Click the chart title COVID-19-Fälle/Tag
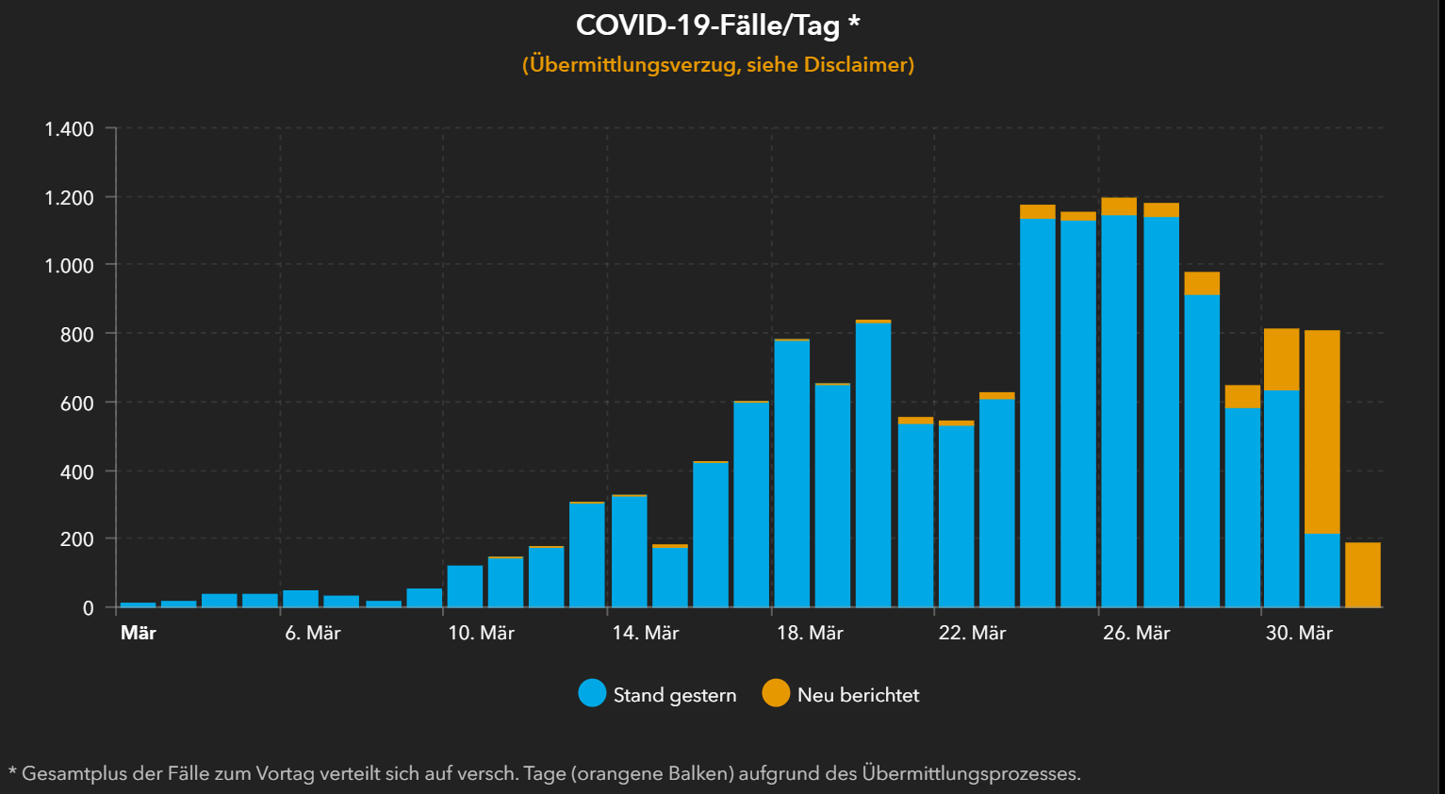[707, 25]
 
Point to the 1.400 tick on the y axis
[70, 129]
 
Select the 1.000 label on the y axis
[70, 266]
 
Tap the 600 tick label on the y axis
[76, 404]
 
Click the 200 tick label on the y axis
[76, 539]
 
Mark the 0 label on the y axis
[89, 608]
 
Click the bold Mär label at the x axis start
[139, 634]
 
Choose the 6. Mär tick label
[313, 634]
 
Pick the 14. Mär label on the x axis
[646, 634]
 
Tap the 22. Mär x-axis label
[972, 634]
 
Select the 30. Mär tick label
[1299, 634]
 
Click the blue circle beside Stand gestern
[592, 694]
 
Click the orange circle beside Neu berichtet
[776, 694]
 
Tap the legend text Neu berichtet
[858, 695]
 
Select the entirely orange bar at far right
[1363, 575]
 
